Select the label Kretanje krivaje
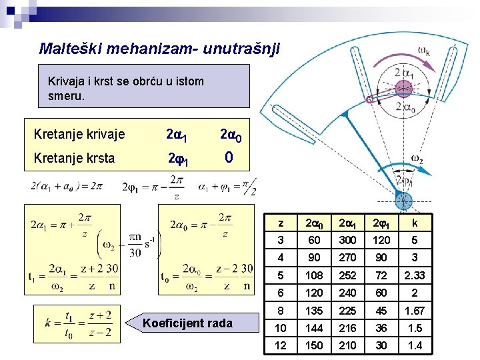(79, 135)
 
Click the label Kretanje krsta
(74, 158)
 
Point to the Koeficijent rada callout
(187, 323)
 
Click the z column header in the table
(281, 223)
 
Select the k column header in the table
(415, 223)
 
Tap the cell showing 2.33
(415, 275)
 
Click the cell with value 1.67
(415, 310)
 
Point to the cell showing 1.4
(415, 345)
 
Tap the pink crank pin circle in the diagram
(403, 88)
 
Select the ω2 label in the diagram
(417, 159)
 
